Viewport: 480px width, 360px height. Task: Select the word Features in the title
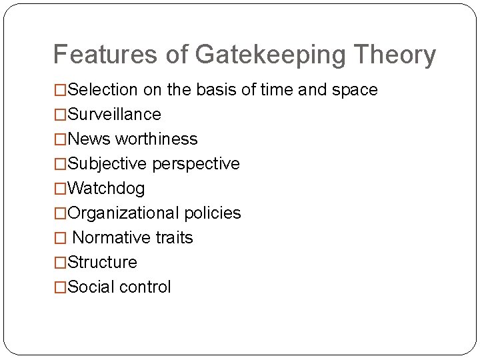[x=107, y=55]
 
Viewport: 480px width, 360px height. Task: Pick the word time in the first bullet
[x=277, y=90]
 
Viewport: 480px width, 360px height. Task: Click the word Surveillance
[x=114, y=115]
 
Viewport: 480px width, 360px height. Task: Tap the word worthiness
[x=157, y=139]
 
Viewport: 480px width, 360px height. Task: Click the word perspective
[x=196, y=164]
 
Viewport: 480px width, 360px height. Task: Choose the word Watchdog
[x=106, y=189]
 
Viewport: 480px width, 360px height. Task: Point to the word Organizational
[x=123, y=213]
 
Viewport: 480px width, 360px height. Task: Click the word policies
[x=213, y=213]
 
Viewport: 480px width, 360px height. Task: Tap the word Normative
[x=111, y=238]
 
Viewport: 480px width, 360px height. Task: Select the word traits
[x=175, y=238]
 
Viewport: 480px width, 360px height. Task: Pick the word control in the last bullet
[x=145, y=287]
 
